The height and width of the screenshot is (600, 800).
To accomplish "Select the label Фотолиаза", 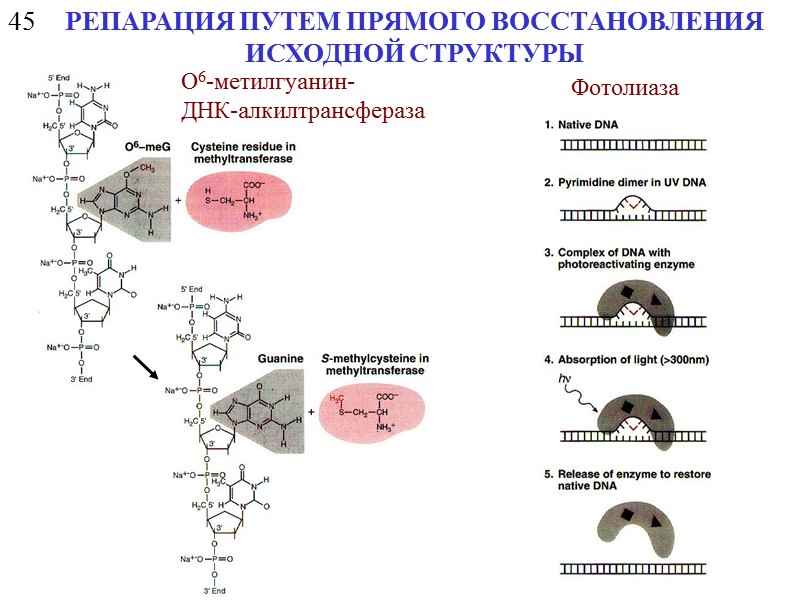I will coord(625,88).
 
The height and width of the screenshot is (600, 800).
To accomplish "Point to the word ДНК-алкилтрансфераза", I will coord(303,110).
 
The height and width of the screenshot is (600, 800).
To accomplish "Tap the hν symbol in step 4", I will coord(566,380).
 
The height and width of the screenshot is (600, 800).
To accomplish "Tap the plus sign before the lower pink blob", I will coord(309,411).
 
